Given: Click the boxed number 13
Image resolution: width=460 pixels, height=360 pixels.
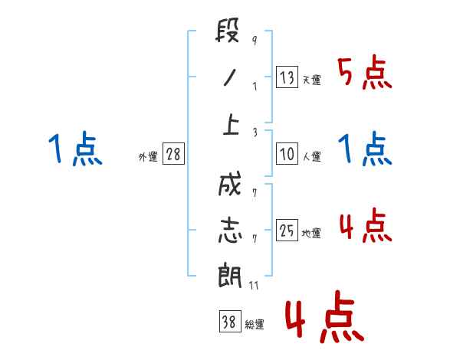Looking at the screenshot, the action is point(287,77).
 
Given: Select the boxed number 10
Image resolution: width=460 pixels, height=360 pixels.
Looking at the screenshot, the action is point(287,154).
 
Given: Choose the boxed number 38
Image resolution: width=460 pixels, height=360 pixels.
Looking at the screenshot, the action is point(228,322).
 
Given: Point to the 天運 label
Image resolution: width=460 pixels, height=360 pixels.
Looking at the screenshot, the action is point(311,80).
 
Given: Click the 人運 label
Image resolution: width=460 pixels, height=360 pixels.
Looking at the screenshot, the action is point(311,156).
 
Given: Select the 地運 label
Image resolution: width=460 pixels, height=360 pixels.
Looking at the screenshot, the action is point(311,233).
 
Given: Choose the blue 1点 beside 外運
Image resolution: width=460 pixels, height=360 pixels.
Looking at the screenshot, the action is point(75,149).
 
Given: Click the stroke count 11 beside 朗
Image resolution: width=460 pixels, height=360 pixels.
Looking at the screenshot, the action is point(255,286).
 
